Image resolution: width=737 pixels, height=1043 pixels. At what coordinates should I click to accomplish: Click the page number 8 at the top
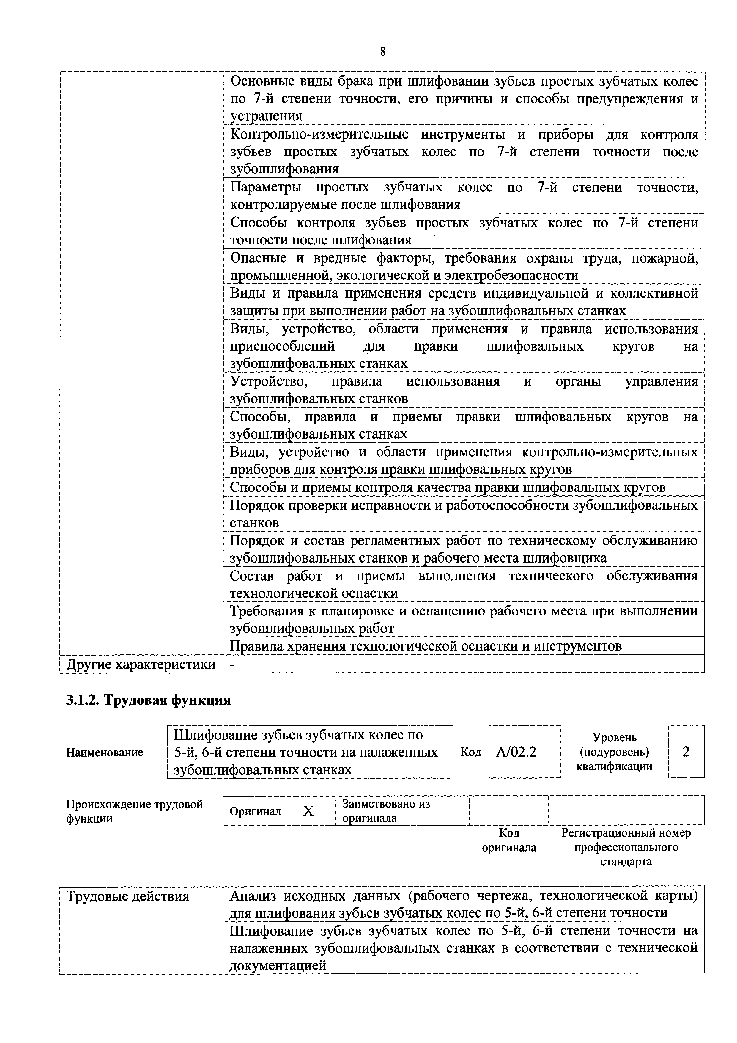tap(382, 52)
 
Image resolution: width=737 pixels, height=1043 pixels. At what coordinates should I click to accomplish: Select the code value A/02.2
tap(516, 752)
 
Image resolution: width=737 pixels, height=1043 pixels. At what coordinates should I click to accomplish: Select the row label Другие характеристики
tap(141, 664)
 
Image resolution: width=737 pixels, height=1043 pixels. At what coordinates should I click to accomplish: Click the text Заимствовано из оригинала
tap(386, 811)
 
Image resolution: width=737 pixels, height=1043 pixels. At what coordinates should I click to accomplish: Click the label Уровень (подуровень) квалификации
tap(614, 752)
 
